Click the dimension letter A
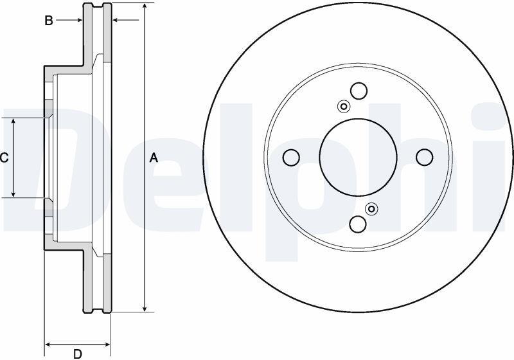[x=154, y=158]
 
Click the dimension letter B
[x=49, y=21]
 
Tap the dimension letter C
[x=4, y=158]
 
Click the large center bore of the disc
[x=359, y=157]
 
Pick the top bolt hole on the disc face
[x=359, y=91]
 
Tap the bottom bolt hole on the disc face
[x=358, y=224]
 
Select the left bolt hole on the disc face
[x=291, y=157]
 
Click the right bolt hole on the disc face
[x=425, y=157]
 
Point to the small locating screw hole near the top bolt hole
[x=344, y=107]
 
